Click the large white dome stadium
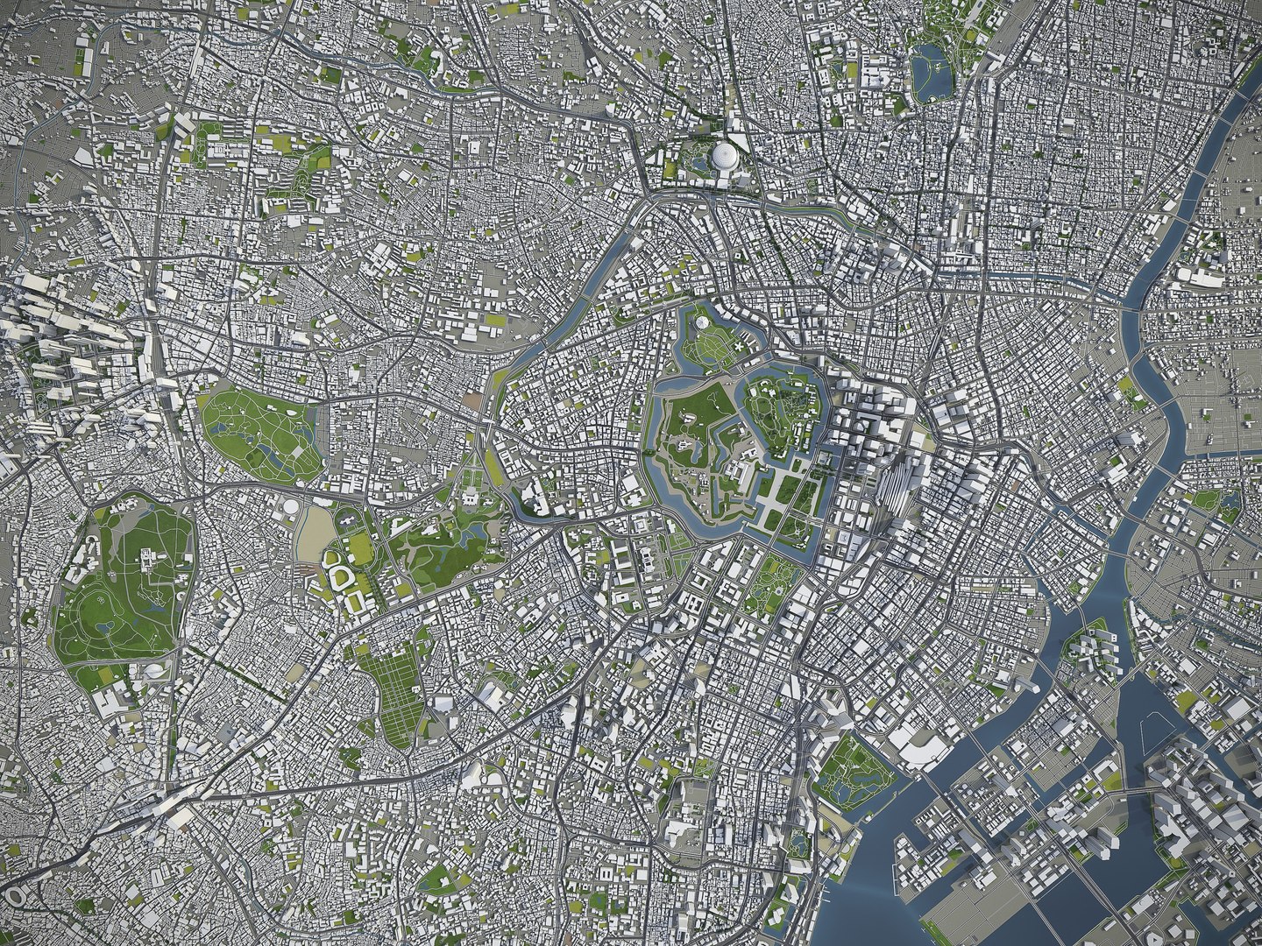725,158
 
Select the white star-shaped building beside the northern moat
744,348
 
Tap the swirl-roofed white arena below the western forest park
153,671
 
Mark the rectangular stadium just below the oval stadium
356,602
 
